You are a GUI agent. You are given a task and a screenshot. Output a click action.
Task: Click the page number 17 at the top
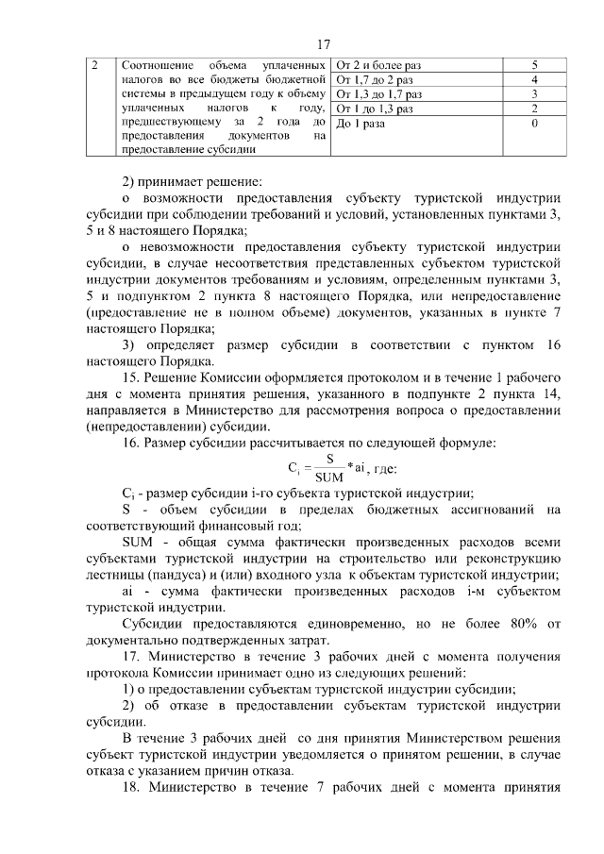coord(323,43)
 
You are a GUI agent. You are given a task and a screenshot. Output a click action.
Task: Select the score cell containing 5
coord(534,65)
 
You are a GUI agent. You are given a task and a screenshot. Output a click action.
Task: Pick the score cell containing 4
coord(534,80)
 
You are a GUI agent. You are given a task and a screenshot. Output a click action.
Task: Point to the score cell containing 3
coord(534,94)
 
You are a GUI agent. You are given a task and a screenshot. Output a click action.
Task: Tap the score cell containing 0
coord(534,124)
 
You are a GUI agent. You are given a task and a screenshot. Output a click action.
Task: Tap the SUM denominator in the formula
coord(328,476)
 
